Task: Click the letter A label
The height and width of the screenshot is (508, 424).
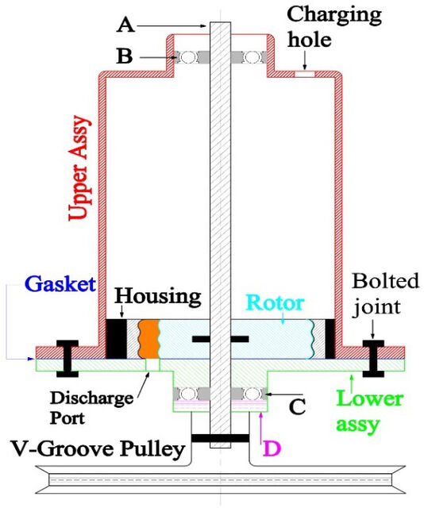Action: [x=125, y=25]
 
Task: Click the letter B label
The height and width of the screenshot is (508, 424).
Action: [x=125, y=56]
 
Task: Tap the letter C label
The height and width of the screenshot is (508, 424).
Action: [x=297, y=406]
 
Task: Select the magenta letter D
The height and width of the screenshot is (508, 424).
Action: [x=272, y=448]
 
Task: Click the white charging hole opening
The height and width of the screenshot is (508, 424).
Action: [x=304, y=74]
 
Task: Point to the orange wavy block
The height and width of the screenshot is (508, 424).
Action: [x=148, y=339]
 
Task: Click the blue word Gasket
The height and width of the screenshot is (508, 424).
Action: [x=60, y=284]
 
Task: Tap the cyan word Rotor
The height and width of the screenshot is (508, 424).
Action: [x=276, y=302]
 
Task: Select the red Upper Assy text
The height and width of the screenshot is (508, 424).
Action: [x=79, y=167]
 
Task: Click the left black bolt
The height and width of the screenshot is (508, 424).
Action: [x=67, y=359]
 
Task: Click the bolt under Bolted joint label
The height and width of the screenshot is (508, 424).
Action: [x=373, y=359]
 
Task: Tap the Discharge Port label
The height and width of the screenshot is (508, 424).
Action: [x=91, y=407]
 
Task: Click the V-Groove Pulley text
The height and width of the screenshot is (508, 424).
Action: [x=98, y=449]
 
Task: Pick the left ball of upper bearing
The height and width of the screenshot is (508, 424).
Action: [x=188, y=57]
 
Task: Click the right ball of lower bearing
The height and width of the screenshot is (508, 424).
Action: [x=252, y=394]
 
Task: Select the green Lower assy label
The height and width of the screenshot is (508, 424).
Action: [x=369, y=411]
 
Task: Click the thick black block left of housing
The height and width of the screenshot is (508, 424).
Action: [x=117, y=339]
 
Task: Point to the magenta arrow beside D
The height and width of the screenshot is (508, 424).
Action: [x=261, y=428]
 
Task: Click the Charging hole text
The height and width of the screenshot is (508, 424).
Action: [x=334, y=27]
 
